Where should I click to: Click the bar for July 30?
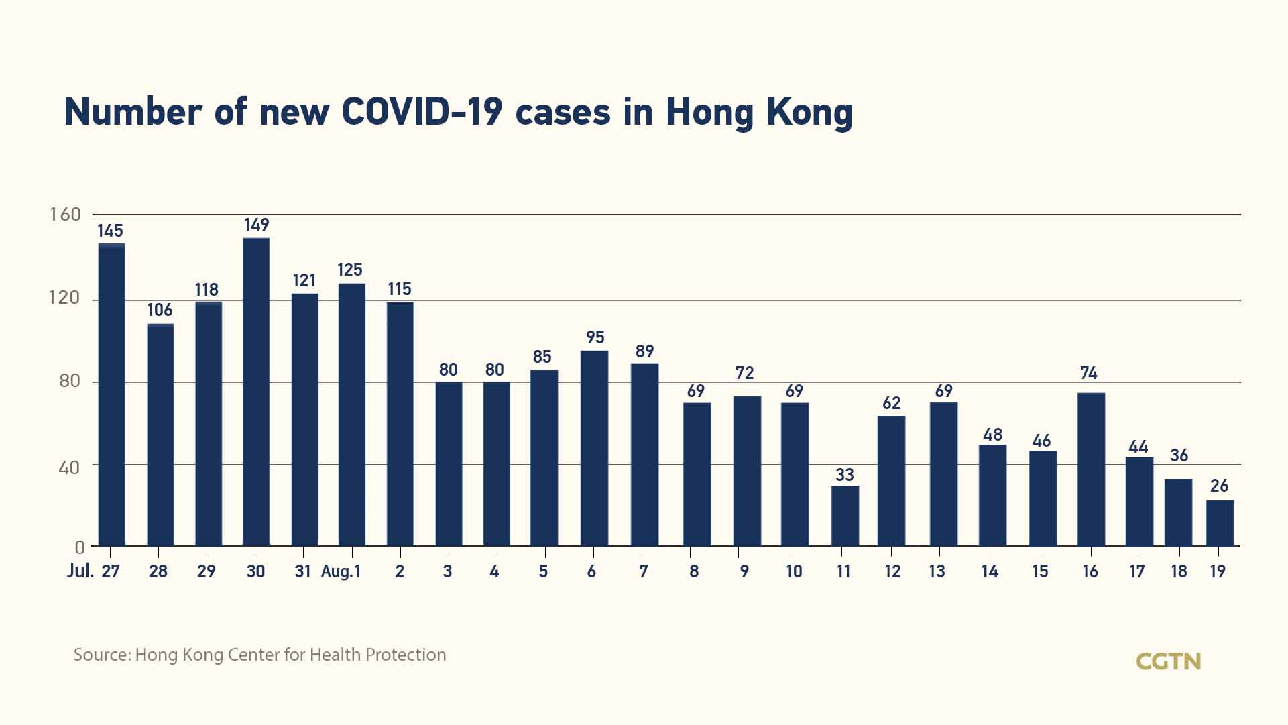point(256,392)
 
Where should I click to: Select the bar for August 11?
point(845,516)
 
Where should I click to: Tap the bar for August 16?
point(1091,469)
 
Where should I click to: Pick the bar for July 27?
point(111,395)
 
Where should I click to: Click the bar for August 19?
point(1220,523)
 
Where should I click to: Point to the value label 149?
point(256,225)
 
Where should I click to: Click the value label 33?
point(845,475)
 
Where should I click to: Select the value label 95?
point(595,337)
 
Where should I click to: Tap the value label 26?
point(1219,486)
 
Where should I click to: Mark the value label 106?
point(160,310)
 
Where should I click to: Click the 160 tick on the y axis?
point(65,215)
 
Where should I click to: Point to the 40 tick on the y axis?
point(69,467)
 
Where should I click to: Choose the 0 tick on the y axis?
point(79,547)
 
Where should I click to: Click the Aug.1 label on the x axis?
point(341,571)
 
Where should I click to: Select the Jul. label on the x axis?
point(80,571)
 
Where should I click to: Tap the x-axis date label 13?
point(937,571)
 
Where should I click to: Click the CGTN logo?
point(1168,661)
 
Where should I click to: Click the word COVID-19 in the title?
point(422,112)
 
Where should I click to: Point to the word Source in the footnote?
point(101,655)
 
